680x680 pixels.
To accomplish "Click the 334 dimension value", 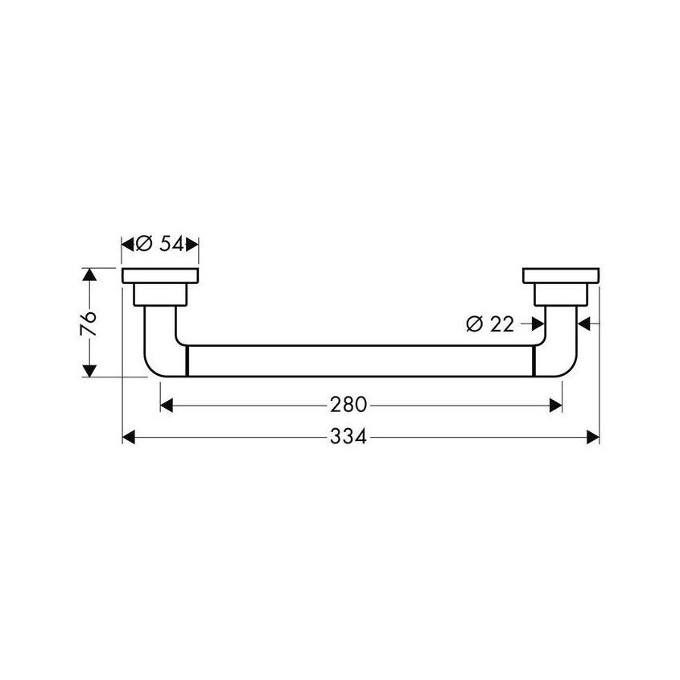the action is click(x=348, y=437).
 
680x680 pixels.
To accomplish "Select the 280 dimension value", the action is click(x=348, y=405).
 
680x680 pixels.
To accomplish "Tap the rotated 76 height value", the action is click(x=89, y=323).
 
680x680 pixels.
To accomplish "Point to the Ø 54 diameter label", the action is click(x=159, y=245).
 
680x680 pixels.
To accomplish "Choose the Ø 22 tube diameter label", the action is click(x=490, y=324).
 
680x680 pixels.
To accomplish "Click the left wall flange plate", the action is click(x=160, y=275).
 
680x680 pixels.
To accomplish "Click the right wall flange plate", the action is click(x=561, y=275).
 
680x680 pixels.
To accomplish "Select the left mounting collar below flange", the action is click(x=160, y=295).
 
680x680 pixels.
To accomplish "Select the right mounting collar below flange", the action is click(x=561, y=295).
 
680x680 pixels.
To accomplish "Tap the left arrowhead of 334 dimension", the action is click(x=129, y=437).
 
